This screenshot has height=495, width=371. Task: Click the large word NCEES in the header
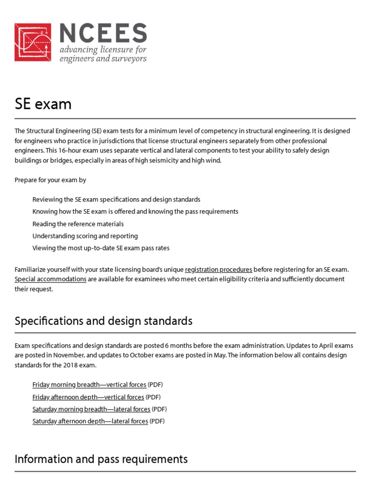pyautogui.click(x=103, y=33)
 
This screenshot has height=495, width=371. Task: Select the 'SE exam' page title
pyautogui.click(x=43, y=104)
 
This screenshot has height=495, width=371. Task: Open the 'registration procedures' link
pyautogui.click(x=218, y=269)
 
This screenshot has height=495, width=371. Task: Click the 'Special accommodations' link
pyautogui.click(x=51, y=279)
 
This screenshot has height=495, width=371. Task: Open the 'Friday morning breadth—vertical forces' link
pyautogui.click(x=89, y=385)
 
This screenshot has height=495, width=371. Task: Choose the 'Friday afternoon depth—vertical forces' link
pyautogui.click(x=88, y=397)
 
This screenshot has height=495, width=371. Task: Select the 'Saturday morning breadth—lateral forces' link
pyautogui.click(x=91, y=409)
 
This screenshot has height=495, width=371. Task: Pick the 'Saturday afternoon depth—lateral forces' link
pyautogui.click(x=90, y=421)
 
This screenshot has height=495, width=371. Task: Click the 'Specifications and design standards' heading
pyautogui.click(x=103, y=321)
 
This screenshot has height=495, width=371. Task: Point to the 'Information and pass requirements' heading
pyautogui.click(x=101, y=459)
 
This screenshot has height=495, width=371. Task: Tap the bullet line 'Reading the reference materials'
pyautogui.click(x=78, y=224)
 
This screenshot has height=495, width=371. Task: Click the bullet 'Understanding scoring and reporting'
pyautogui.click(x=85, y=236)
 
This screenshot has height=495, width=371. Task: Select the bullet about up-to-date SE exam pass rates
pyautogui.click(x=101, y=248)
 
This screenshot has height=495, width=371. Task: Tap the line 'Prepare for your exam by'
pyautogui.click(x=50, y=180)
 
